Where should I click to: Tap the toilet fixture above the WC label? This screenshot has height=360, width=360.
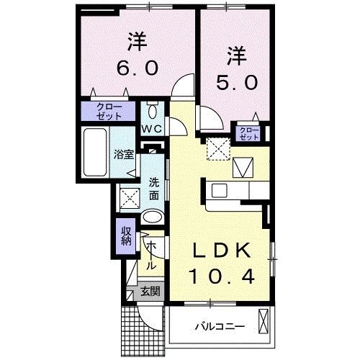152,111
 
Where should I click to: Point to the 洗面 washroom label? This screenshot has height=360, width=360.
154,189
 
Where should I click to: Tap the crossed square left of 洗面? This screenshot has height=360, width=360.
130,196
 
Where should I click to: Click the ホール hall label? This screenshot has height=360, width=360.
152,256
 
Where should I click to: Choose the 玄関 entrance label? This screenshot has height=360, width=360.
149,292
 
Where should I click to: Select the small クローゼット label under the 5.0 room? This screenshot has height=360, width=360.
248,133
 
